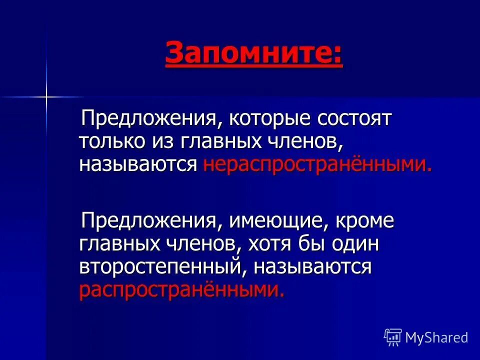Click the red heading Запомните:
tap(254, 54)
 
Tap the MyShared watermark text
tap(436, 337)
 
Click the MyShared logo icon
tap(392, 337)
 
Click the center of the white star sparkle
tap(46, 95)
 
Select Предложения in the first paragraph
tap(149, 120)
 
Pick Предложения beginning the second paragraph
tap(149, 221)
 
